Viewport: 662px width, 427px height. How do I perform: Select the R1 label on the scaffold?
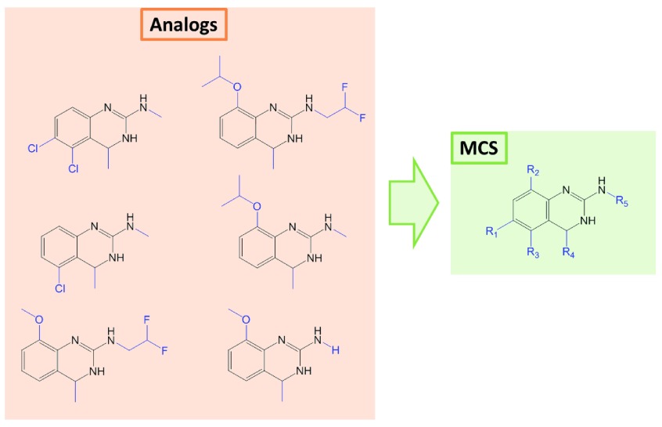pyautogui.click(x=491, y=233)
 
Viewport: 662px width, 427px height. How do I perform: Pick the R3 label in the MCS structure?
pyautogui.click(x=534, y=252)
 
